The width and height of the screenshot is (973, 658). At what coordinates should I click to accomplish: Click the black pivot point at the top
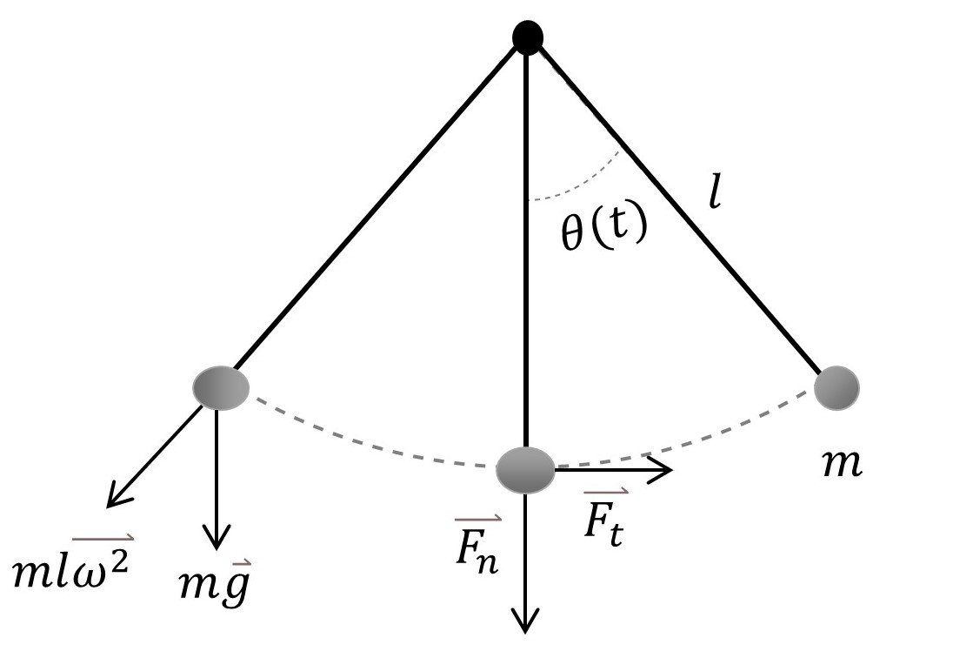pyautogui.click(x=528, y=37)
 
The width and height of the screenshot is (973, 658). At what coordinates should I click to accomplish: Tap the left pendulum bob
pyautogui.click(x=221, y=387)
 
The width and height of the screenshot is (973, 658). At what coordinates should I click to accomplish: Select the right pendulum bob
pyautogui.click(x=836, y=386)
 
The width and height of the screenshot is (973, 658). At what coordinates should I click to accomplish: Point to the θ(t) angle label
pyautogui.click(x=603, y=231)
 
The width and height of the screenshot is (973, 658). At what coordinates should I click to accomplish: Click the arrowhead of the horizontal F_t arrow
pyautogui.click(x=666, y=471)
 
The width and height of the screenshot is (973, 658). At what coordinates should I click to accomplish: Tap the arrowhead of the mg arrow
pyautogui.click(x=216, y=533)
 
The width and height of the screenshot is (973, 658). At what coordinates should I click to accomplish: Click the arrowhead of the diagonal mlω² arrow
pyautogui.click(x=114, y=500)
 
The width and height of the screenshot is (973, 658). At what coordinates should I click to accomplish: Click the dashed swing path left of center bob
pyautogui.click(x=365, y=444)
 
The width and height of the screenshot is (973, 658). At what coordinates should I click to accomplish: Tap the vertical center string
pyautogui.click(x=526, y=261)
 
